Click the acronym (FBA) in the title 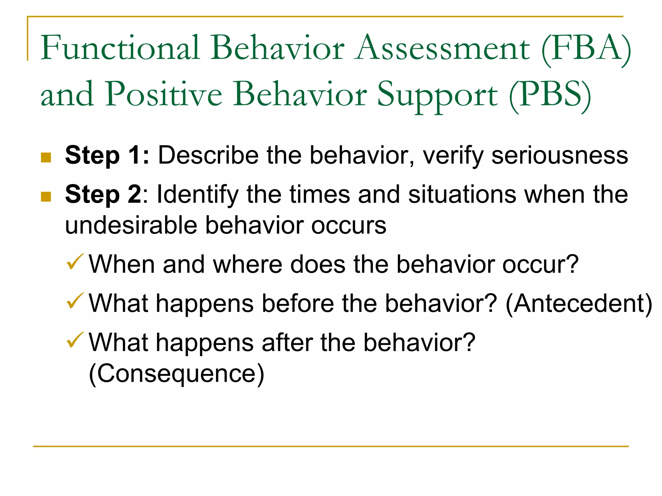click(586, 48)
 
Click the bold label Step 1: click(107, 156)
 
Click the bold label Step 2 click(103, 195)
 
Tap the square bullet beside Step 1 click(46, 158)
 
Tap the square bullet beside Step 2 click(46, 197)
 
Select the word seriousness click(560, 156)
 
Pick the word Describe click(208, 156)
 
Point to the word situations click(462, 195)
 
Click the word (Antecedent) click(579, 304)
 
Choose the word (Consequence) click(176, 374)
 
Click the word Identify click(198, 195)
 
